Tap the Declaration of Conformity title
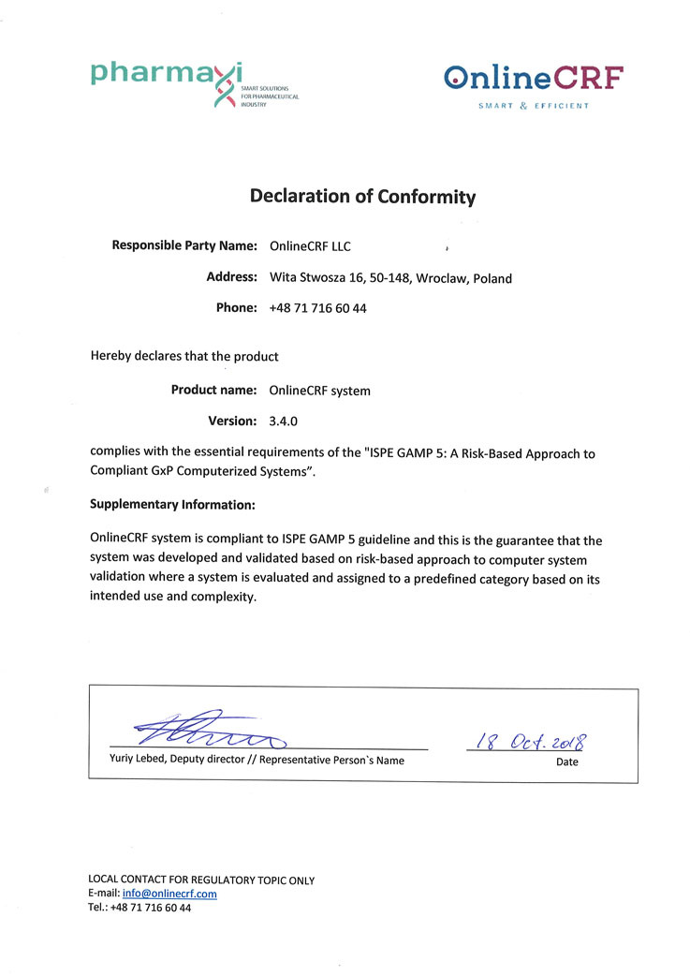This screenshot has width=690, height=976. [362, 197]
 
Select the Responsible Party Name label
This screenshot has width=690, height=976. [184, 245]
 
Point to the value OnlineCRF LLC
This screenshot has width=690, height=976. [310, 246]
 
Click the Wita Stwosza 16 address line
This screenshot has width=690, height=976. [390, 277]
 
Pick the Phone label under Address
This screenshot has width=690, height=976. [236, 307]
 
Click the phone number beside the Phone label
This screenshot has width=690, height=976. [317, 308]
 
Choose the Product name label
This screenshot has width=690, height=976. [213, 390]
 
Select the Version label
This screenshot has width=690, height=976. [232, 421]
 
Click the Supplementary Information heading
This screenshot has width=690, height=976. [172, 504]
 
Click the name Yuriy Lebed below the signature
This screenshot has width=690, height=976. [126, 761]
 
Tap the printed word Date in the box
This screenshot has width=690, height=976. [566, 762]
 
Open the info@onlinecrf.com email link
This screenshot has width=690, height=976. [169, 894]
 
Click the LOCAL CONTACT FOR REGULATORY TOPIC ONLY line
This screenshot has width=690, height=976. [201, 880]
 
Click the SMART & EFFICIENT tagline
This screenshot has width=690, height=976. [534, 106]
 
